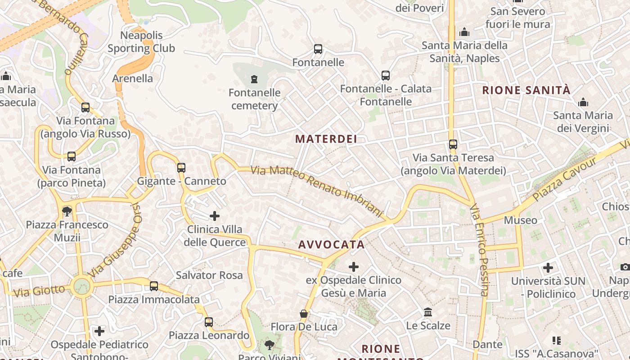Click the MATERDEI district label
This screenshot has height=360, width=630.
tap(326, 139)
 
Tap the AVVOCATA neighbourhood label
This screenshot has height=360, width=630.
tap(332, 245)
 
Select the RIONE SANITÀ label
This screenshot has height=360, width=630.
tap(526, 90)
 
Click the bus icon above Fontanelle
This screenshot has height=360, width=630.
tap(318, 49)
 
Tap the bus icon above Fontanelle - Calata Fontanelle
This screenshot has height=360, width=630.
tap(386, 76)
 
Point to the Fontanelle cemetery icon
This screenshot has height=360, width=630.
tap(254, 80)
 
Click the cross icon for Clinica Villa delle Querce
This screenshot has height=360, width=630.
tap(215, 216)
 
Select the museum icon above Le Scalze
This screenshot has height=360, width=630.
tap(428, 312)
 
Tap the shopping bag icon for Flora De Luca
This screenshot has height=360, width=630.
tap(304, 314)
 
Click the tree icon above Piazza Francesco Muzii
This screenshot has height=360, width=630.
tap(67, 211)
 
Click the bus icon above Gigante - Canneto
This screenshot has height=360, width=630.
tap(181, 168)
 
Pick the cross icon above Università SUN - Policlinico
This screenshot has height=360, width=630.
tap(548, 268)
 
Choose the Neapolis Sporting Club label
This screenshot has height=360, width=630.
tap(141, 42)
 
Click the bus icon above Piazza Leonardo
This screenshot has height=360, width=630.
tap(209, 322)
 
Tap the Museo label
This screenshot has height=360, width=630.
tap(521, 220)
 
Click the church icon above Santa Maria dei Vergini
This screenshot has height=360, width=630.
tap(583, 102)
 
